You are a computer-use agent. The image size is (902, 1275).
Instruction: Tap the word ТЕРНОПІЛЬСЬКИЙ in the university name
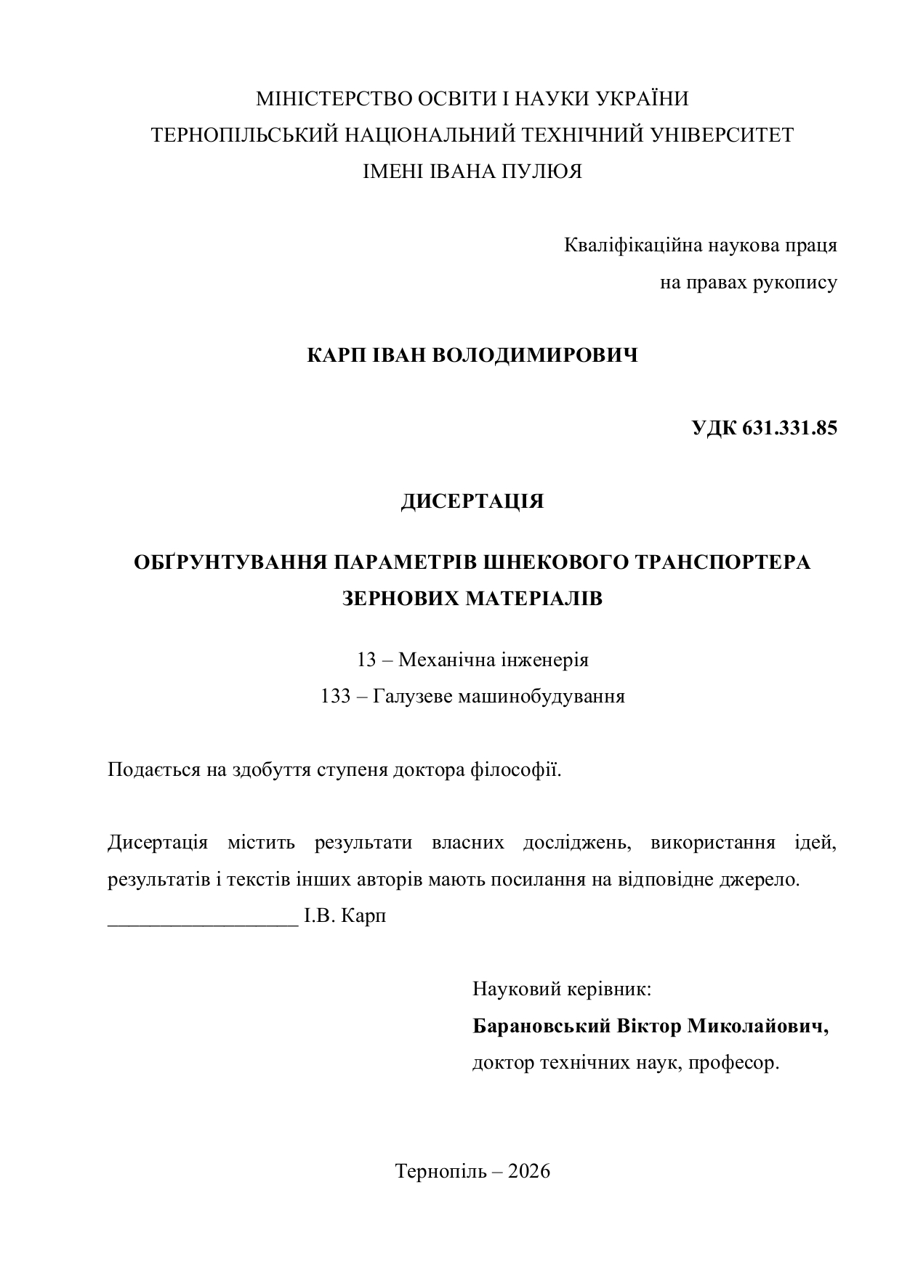click(245, 135)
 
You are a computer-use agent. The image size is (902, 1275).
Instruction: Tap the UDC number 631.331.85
click(790, 428)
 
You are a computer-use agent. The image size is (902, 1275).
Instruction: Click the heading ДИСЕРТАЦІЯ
click(472, 501)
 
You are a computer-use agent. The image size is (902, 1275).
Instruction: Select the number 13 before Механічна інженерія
click(366, 660)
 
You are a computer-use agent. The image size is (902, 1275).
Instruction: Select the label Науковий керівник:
click(561, 989)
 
